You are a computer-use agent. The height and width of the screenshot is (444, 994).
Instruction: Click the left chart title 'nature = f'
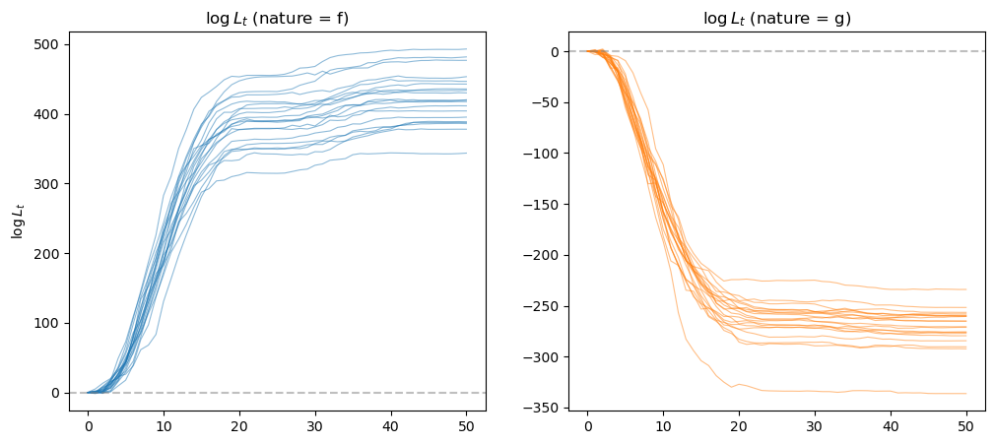277,18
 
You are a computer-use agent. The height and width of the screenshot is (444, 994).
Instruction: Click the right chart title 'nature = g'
776,18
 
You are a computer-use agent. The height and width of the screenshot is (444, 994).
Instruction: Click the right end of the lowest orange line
966,394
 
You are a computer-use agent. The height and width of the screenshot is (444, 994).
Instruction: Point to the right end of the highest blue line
466,49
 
